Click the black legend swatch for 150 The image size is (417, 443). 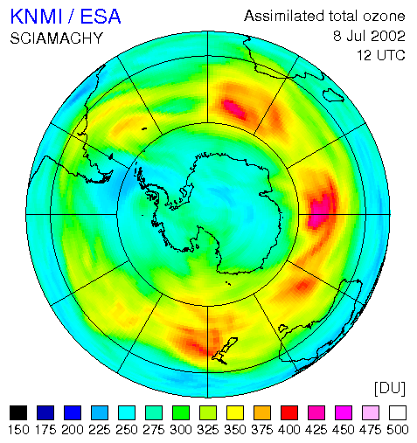[x=18, y=412]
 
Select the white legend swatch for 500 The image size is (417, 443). [x=398, y=412]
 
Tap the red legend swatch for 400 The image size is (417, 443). [x=289, y=412]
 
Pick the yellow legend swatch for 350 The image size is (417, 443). [x=235, y=412]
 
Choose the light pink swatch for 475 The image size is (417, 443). [x=371, y=412]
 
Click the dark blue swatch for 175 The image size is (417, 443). [x=45, y=412]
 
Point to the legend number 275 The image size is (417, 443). [x=154, y=430]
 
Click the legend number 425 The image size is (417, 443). [x=316, y=430]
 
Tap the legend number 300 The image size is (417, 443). [x=181, y=430]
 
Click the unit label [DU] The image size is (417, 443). [x=390, y=388]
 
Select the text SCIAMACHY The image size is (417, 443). [x=57, y=38]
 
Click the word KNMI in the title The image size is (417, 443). [x=37, y=17]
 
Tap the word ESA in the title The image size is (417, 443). [x=101, y=17]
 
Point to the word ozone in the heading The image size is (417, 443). [x=384, y=16]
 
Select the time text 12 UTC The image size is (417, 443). [x=381, y=55]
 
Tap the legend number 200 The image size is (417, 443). [x=73, y=430]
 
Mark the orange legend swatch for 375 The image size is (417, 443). [x=262, y=412]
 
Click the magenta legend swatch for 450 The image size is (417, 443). [x=344, y=412]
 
